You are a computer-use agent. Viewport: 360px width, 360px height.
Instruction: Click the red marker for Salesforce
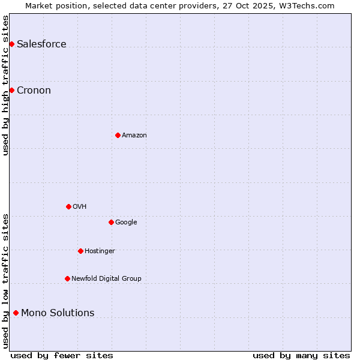coord(11,44)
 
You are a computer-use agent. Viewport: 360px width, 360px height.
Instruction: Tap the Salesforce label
coord(41,44)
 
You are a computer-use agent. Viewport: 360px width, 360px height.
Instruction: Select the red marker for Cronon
coord(11,90)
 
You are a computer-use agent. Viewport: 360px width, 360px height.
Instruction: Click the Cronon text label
coord(34,91)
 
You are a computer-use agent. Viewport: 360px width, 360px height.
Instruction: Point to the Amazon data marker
coord(118,135)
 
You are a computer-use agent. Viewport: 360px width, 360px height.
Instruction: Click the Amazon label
coord(134,136)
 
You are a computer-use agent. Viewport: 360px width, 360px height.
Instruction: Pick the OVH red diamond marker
coord(68,206)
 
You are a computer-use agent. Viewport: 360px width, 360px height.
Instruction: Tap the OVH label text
coord(80,207)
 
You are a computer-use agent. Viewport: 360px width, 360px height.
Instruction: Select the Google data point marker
coord(111,222)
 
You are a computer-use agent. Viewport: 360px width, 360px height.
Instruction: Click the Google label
coord(126,223)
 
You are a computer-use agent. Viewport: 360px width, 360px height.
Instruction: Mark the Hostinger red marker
coord(80,251)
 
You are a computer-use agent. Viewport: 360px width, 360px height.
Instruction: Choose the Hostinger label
coord(100,251)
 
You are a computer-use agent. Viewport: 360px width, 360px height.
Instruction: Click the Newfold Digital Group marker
coord(67,278)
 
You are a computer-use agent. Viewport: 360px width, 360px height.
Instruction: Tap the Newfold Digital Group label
coord(106,279)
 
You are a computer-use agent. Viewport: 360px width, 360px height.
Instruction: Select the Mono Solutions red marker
coord(16,313)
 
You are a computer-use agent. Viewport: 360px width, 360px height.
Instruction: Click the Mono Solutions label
coord(58,313)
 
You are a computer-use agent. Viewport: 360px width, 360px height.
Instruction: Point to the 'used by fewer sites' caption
coord(62,355)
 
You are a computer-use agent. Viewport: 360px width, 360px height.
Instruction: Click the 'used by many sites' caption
coord(301,355)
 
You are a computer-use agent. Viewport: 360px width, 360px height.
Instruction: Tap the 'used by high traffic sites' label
coord(6,85)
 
